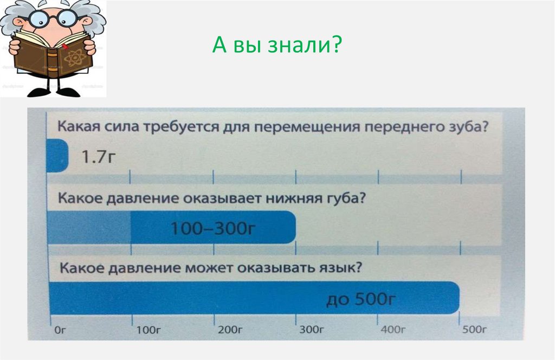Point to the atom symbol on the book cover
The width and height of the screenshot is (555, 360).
click(75, 56)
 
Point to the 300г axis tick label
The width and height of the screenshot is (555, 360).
click(312, 329)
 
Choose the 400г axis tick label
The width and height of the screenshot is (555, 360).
click(393, 329)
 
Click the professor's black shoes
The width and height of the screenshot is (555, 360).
click(54, 92)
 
